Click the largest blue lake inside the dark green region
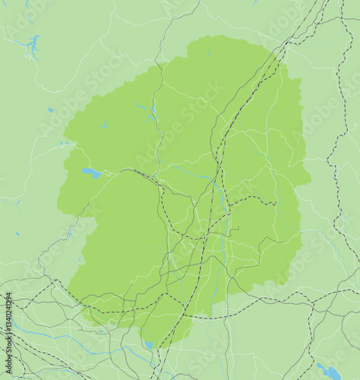[91, 173]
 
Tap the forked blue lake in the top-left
[31, 48]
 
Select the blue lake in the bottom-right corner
[330, 372]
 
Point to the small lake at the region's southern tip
[149, 344]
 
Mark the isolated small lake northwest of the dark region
[50, 110]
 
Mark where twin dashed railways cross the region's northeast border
[276, 57]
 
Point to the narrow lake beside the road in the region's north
[153, 114]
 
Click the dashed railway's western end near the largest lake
[137, 171]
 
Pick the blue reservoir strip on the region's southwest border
[71, 233]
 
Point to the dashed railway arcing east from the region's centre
[251, 199]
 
